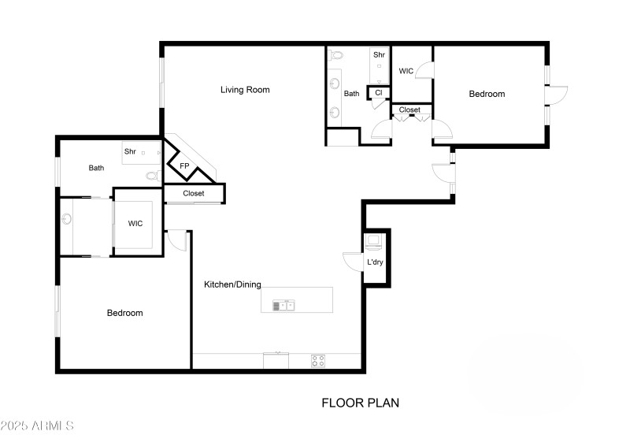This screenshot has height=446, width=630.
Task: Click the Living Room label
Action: pyautogui.click(x=244, y=90)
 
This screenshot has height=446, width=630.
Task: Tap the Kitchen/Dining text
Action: pyautogui.click(x=232, y=284)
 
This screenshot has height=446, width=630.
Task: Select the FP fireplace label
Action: pyautogui.click(x=184, y=166)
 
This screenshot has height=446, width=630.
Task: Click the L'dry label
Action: pyautogui.click(x=375, y=262)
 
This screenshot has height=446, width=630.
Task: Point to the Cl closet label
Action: pyautogui.click(x=379, y=93)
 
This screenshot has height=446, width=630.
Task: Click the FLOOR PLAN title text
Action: pyautogui.click(x=360, y=403)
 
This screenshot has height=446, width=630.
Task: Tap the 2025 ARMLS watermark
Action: pyautogui.click(x=37, y=426)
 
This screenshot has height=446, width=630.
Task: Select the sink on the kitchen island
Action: pyautogui.click(x=283, y=305)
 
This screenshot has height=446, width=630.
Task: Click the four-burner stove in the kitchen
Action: pyautogui.click(x=318, y=361)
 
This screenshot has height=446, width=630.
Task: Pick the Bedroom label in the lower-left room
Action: pyautogui.click(x=124, y=313)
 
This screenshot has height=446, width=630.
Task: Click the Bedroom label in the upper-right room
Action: pyautogui.click(x=487, y=94)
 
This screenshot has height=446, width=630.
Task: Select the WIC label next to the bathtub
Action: pyautogui.click(x=135, y=224)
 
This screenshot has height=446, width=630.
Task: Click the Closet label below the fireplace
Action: pyautogui.click(x=193, y=193)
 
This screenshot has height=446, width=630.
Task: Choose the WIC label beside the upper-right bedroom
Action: pyautogui.click(x=406, y=71)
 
